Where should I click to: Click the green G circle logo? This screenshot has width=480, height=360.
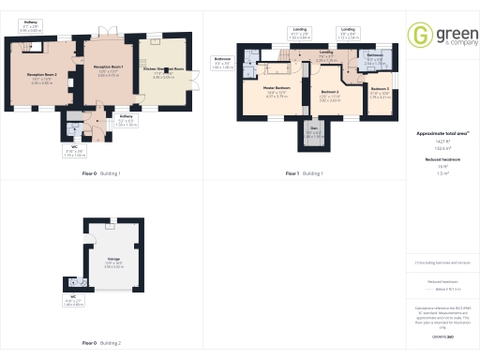point(418,34)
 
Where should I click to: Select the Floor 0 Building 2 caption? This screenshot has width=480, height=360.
point(101,343)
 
